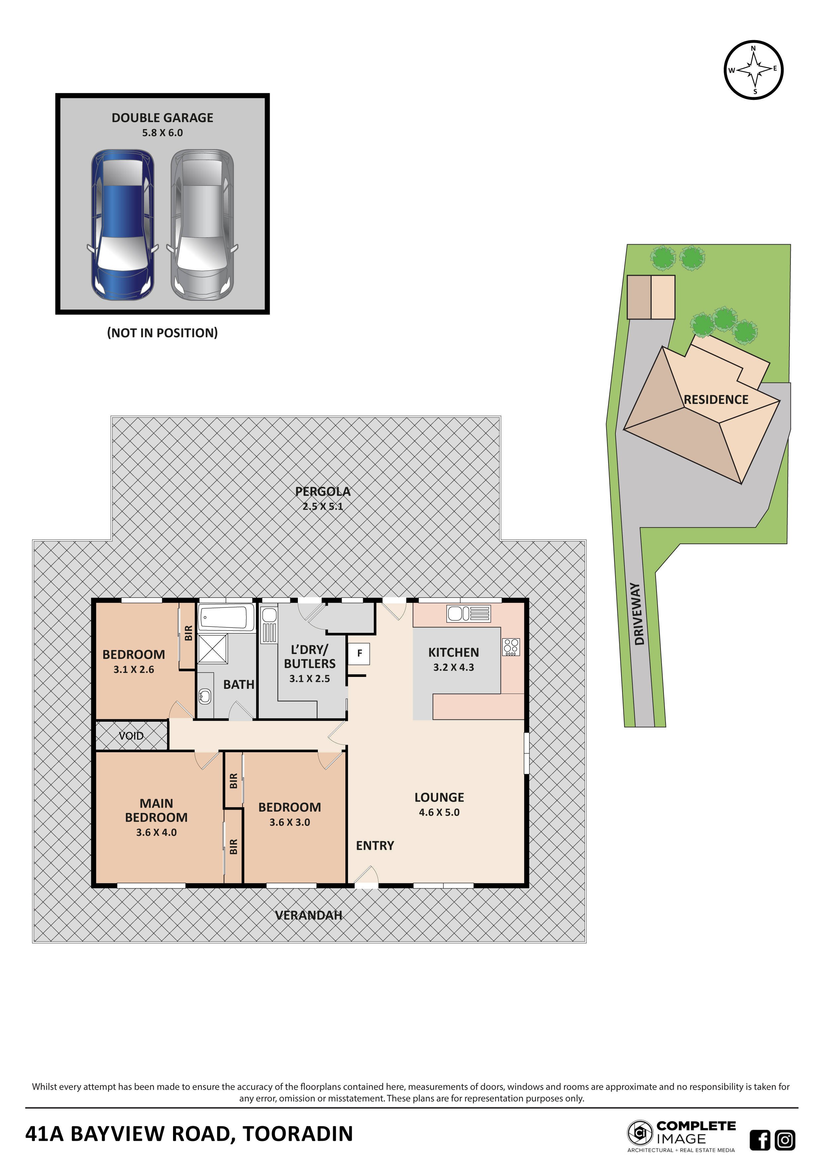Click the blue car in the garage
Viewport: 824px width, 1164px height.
[x=123, y=225]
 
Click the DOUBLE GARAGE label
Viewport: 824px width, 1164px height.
[x=162, y=117]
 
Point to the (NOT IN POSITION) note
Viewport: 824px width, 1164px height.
[x=162, y=333]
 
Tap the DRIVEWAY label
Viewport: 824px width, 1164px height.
[x=638, y=614]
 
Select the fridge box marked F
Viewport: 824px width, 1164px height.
[x=359, y=653]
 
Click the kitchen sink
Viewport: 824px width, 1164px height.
[x=468, y=614]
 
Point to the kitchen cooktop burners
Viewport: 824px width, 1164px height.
[x=511, y=647]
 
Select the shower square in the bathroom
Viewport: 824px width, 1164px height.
[x=212, y=648]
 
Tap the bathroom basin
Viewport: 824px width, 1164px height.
[x=205, y=696]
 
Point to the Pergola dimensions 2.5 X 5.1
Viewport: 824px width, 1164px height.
[x=323, y=506]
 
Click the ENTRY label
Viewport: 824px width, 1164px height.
[x=375, y=845]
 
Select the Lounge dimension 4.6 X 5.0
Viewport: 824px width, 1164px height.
[x=439, y=812]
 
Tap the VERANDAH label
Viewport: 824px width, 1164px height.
[x=309, y=915]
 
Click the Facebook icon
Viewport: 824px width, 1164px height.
[x=760, y=1140]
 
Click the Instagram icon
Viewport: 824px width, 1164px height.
[x=785, y=1140]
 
